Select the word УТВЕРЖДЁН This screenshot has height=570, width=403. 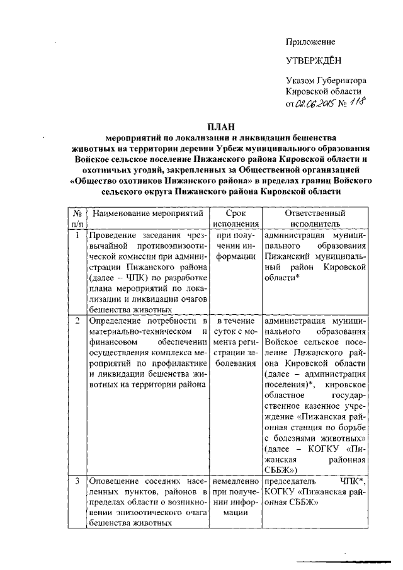tap(311, 61)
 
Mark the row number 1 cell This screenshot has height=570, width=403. tap(77, 236)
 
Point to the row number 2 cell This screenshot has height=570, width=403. tap(77, 321)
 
